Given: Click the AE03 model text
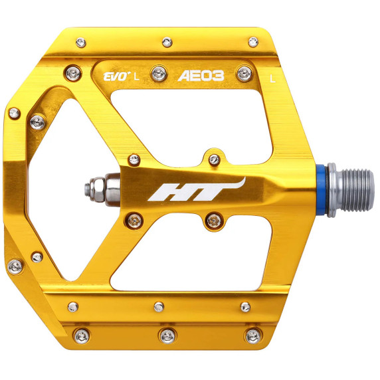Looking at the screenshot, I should [201, 76].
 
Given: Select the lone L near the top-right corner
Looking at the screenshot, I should [273, 77].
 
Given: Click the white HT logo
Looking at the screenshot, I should [197, 189].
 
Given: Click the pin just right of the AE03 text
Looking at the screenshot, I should [247, 72].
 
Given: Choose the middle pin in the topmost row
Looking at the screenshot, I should [166, 42].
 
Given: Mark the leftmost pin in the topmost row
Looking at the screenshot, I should [80, 43].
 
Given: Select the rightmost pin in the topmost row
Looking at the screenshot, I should [252, 42].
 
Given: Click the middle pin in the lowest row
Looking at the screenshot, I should [163, 333].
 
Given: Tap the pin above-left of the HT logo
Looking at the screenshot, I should [134, 159].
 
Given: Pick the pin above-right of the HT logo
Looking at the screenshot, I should [213, 159].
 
